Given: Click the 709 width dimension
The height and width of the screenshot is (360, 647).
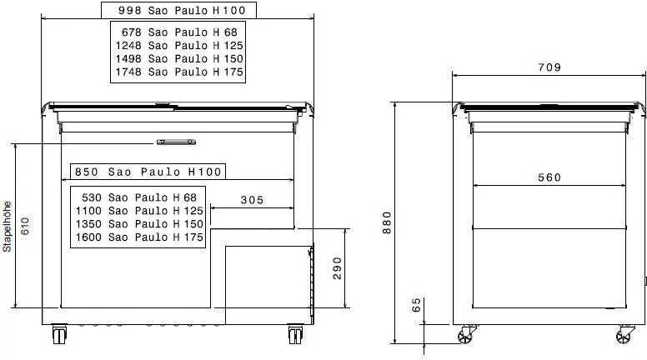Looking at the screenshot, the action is [x=549, y=67].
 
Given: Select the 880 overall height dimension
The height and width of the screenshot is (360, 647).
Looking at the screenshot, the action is [x=387, y=222].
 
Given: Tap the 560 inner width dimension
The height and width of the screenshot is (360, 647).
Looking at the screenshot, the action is [x=549, y=177].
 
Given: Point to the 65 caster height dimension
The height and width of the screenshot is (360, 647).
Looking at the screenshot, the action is [x=417, y=305].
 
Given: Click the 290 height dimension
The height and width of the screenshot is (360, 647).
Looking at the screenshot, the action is [x=338, y=268].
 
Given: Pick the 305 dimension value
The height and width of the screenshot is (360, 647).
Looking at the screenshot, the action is [x=252, y=200].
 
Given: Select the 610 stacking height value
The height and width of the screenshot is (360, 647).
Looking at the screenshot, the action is [x=25, y=226].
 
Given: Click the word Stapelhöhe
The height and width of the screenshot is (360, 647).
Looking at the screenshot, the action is [x=7, y=227].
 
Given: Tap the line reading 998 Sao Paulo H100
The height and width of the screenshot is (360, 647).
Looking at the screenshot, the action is [x=182, y=10].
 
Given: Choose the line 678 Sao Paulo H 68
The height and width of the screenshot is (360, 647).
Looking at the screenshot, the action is [x=179, y=32].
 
